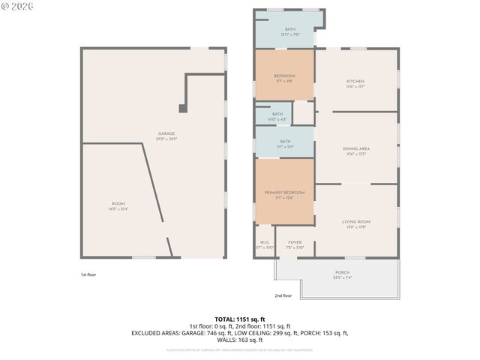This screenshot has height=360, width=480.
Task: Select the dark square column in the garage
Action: point(183,108)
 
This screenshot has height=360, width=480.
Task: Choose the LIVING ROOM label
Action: point(356,221)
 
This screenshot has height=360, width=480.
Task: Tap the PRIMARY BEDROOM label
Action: point(285,193)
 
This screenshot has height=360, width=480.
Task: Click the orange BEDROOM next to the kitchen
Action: point(284,76)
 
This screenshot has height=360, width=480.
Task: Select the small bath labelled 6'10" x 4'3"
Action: point(277,115)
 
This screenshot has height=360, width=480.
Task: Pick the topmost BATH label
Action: point(289,29)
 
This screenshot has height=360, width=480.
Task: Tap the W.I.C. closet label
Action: point(265,243)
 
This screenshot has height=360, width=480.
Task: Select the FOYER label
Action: point(295,243)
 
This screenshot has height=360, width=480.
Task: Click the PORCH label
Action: point(342,273)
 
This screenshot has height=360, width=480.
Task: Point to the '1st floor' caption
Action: point(88,274)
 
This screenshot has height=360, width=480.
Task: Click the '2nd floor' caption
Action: point(283,295)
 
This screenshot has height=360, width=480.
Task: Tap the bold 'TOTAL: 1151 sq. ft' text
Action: point(239,319)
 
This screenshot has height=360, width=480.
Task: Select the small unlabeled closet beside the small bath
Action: point(303,112)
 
